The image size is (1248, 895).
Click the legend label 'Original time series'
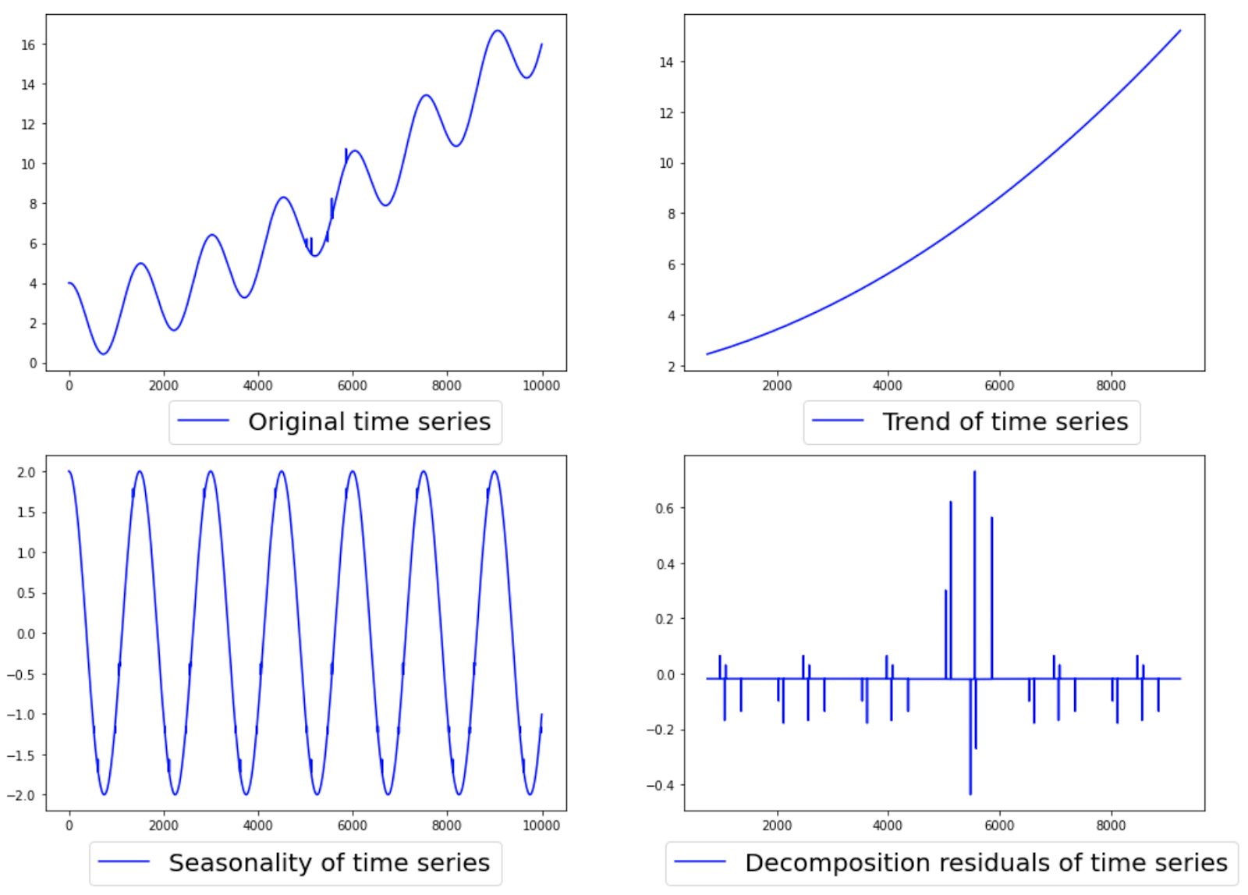[x=369, y=422]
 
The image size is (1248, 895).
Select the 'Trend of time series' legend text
[x=1005, y=422]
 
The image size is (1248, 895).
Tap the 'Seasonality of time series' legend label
[x=328, y=863]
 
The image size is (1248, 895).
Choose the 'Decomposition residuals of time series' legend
[x=986, y=863]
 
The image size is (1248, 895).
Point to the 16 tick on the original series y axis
[x=28, y=45]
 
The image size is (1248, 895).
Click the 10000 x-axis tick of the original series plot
[x=541, y=385]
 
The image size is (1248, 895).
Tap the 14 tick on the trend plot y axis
[x=666, y=62]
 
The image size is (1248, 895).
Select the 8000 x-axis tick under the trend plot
[x=1111, y=385]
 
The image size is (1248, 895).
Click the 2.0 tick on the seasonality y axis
[x=27, y=473]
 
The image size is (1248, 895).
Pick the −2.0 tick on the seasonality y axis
[x=23, y=796]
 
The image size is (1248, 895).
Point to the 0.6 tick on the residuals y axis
[x=665, y=509]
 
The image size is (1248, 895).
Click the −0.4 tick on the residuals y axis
[x=661, y=786]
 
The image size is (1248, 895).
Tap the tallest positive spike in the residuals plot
[x=974, y=473]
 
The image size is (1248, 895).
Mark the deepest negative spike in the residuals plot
[x=970, y=793]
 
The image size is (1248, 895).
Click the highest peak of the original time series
[x=497, y=31]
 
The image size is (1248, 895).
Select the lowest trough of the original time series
[x=103, y=353]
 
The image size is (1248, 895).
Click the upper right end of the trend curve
[x=1180, y=31]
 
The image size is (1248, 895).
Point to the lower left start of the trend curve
[x=707, y=354]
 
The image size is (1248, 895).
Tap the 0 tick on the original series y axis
[x=33, y=364]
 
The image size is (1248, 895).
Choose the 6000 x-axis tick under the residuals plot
[x=999, y=826]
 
